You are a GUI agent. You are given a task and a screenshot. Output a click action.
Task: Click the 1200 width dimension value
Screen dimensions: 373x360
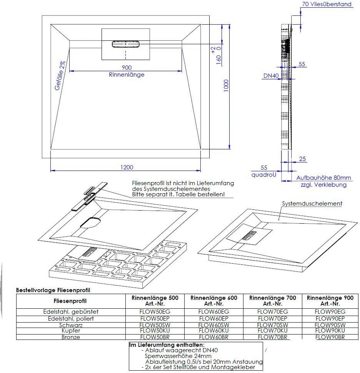[127, 167]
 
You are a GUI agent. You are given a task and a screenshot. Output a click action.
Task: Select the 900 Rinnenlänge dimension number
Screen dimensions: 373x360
[127, 67]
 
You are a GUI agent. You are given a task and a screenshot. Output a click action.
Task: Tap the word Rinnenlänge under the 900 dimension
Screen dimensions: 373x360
[127, 75]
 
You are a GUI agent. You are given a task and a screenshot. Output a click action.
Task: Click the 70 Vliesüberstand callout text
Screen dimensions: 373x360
[327, 5]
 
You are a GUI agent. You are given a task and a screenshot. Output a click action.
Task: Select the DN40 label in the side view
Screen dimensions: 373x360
[271, 76]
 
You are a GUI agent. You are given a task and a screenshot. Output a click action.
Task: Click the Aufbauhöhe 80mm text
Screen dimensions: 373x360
[323, 178]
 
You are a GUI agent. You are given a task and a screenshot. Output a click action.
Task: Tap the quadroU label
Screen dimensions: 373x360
[264, 174]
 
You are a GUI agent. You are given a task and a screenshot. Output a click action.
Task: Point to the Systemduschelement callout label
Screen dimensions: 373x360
[312, 204]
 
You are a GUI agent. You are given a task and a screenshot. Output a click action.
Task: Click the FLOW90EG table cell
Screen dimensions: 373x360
[330, 311]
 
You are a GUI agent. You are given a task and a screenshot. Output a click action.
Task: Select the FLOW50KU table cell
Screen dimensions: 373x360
[155, 331]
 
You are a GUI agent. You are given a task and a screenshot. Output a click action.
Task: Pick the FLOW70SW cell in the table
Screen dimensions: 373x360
[273, 325]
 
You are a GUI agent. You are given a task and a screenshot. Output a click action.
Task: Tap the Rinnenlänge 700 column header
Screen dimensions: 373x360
[273, 301]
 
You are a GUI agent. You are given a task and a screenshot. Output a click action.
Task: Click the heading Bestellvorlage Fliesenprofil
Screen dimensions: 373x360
[53, 290]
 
